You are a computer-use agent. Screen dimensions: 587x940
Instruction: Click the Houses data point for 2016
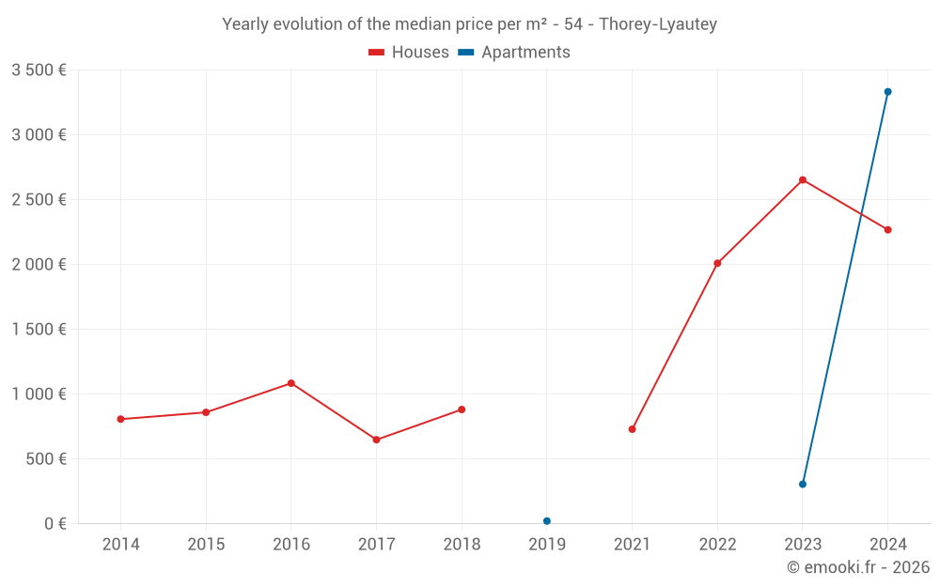point(291,383)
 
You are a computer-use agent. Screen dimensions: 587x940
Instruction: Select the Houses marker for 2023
point(803,179)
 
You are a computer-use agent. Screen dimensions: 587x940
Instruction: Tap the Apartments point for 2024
point(887,92)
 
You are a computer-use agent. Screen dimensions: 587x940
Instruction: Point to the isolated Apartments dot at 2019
point(547,521)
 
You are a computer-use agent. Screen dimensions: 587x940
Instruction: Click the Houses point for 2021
point(632,429)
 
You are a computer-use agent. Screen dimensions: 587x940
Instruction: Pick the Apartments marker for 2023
point(803,485)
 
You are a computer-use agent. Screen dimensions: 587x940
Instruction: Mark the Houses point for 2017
point(376,440)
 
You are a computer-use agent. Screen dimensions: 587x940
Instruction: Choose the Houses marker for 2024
point(887,230)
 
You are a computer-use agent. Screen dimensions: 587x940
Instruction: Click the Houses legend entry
point(409,53)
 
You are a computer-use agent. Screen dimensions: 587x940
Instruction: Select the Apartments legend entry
point(514,53)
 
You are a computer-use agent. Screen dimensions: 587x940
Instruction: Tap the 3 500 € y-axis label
point(39,70)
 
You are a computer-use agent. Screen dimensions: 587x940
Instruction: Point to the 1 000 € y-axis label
point(39,394)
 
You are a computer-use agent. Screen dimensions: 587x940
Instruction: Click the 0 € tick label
point(55,524)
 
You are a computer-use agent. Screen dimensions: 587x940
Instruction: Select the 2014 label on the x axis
point(120,545)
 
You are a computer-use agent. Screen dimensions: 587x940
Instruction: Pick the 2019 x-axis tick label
point(547,545)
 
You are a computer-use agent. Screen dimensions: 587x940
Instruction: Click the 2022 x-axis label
point(717,545)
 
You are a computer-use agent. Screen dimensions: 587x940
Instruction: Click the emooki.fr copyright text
point(858,567)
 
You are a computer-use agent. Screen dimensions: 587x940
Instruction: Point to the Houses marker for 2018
point(462,409)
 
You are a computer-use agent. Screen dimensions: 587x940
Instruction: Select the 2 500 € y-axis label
point(39,200)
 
